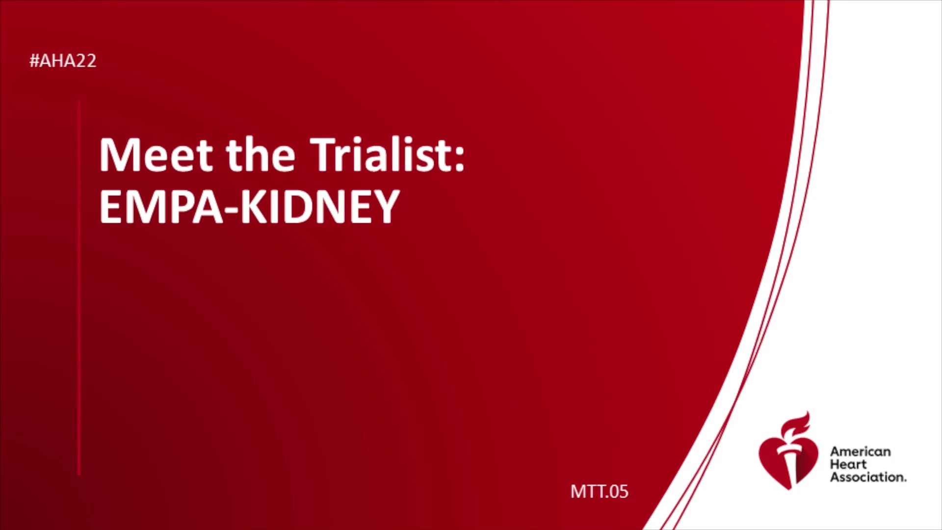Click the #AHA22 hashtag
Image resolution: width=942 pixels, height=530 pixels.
tap(63, 61)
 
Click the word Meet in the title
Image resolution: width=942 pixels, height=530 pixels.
tap(156, 155)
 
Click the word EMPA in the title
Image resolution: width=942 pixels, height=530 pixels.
tap(161, 207)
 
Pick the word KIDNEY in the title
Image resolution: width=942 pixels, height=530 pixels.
tap(320, 207)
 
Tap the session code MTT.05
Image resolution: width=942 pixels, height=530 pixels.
tap(599, 491)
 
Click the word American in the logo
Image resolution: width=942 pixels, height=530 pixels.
tap(860, 451)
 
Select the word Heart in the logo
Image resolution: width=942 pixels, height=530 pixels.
tap(848, 464)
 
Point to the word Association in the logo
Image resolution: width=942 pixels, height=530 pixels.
tap(868, 477)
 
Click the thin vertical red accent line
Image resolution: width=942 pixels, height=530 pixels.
tap(79, 288)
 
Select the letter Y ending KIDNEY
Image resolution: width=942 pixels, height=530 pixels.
tap(387, 207)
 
